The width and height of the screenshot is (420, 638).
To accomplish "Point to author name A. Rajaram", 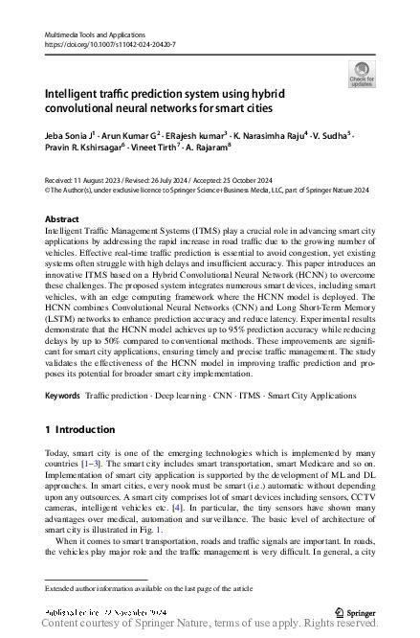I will (201, 151).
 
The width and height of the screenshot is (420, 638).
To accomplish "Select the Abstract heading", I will (62, 219).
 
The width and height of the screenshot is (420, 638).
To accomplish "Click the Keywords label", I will (63, 395).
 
